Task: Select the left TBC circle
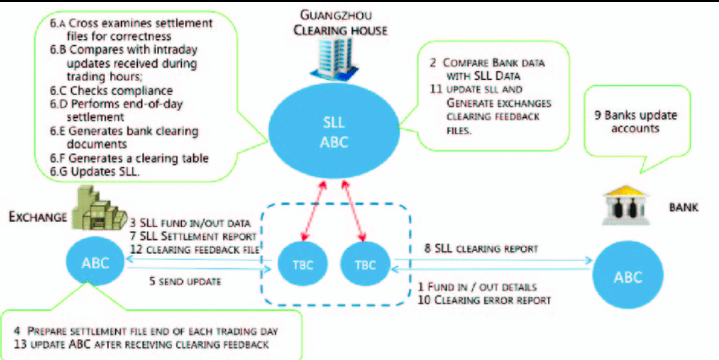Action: tap(303, 264)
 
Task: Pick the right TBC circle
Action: tap(365, 264)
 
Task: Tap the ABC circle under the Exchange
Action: tap(95, 261)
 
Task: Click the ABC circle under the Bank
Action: tap(627, 277)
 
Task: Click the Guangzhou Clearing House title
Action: tap(340, 22)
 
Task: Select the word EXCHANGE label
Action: tap(37, 217)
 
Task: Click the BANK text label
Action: tap(684, 208)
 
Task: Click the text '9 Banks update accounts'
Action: tap(635, 121)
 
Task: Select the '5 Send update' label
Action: tap(184, 281)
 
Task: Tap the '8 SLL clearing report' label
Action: tap(481, 249)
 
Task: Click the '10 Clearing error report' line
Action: tap(485, 300)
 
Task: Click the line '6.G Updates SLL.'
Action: tap(95, 172)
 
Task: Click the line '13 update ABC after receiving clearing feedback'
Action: tap(140, 344)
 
